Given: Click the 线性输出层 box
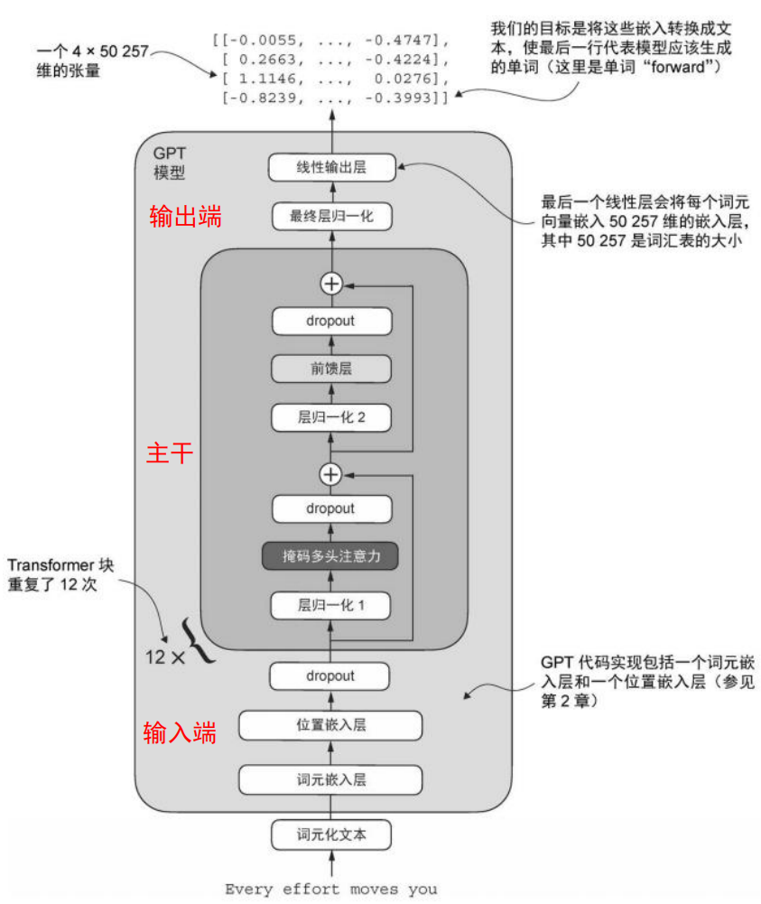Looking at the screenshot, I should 331,168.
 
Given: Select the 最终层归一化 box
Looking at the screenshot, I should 331,216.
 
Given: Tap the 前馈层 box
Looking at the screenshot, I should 331,368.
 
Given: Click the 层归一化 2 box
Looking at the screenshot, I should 331,417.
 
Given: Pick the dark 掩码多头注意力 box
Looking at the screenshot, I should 331,556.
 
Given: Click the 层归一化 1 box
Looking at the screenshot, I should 331,605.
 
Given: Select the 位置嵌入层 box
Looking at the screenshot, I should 331,724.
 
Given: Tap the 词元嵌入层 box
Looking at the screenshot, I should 331,778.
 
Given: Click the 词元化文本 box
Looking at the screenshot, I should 331,835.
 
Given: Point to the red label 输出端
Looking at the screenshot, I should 185,217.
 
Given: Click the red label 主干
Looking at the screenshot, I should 169,452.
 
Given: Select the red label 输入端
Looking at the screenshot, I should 180,733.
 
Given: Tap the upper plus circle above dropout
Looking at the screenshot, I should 331,284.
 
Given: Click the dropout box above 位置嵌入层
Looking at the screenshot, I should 331,676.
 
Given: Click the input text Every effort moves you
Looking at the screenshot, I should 330,890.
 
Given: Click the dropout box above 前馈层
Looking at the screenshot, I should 331,321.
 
